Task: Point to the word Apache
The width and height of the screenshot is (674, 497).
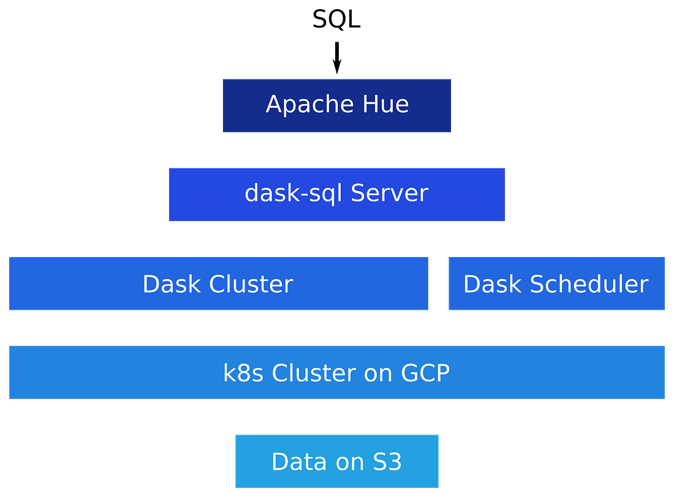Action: click(x=298, y=105)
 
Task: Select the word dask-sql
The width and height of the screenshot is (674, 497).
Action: click(x=293, y=193)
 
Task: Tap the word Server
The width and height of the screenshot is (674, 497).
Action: click(x=389, y=193)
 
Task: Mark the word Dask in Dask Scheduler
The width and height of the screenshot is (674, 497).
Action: click(x=493, y=284)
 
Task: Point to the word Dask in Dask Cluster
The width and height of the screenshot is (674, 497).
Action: click(x=172, y=284)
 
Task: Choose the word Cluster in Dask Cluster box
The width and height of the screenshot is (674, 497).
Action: click(x=251, y=284)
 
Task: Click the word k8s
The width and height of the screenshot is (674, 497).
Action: click(x=243, y=373)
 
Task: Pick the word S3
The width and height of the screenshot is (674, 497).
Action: click(x=387, y=461)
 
